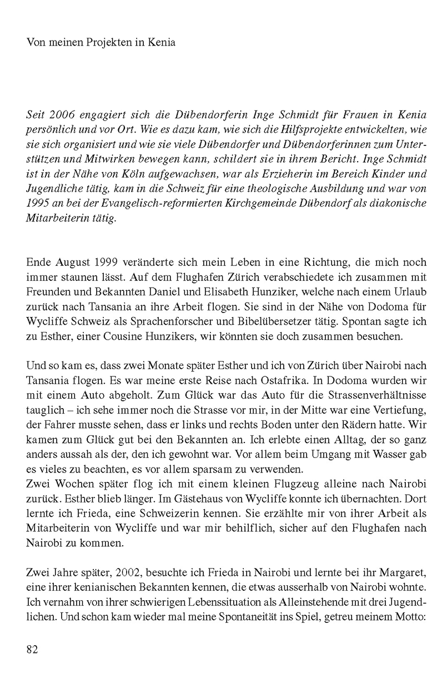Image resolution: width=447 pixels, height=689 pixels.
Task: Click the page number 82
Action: [x=32, y=650]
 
